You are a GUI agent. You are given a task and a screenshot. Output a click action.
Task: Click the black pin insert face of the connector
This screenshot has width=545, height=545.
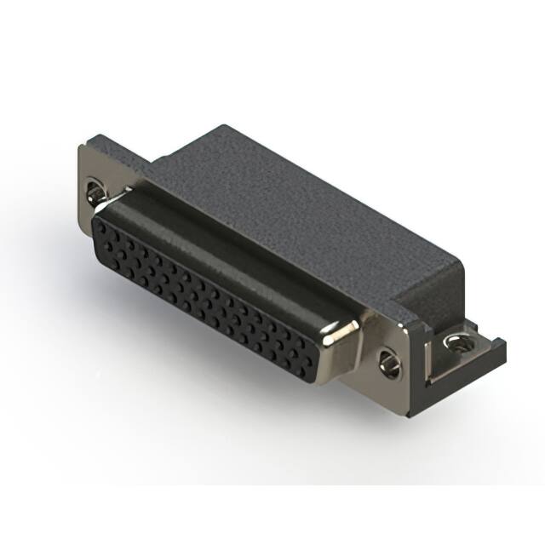pyautogui.click(x=204, y=290)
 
